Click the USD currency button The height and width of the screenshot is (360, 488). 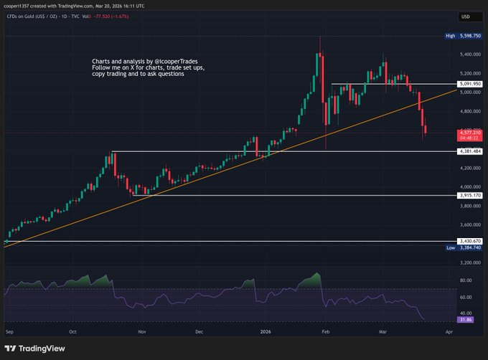pos(464,16)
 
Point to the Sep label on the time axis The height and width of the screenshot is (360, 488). pos(9,333)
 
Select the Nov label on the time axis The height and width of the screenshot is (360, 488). pos(141,333)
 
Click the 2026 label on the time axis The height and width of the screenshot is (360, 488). pos(266,333)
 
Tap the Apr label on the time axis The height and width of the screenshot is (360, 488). pos(449,333)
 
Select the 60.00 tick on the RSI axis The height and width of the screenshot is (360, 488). pos(465,297)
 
